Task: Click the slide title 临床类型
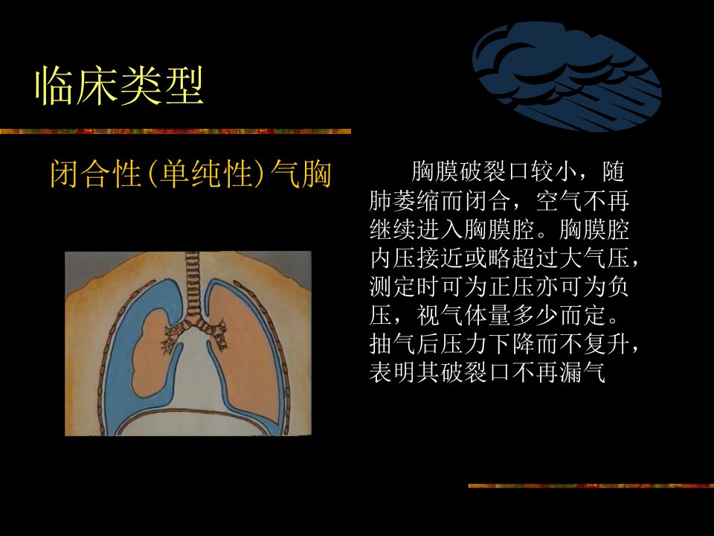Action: [x=119, y=86]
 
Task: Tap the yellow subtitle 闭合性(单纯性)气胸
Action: [x=190, y=173]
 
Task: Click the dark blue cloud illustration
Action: [x=567, y=77]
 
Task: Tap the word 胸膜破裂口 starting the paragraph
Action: [x=469, y=171]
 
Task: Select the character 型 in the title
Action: [x=184, y=86]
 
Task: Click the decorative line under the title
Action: [x=176, y=131]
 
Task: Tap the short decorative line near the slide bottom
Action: [x=591, y=486]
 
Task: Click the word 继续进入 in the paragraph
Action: [x=416, y=229]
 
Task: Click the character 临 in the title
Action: [x=54, y=86]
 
